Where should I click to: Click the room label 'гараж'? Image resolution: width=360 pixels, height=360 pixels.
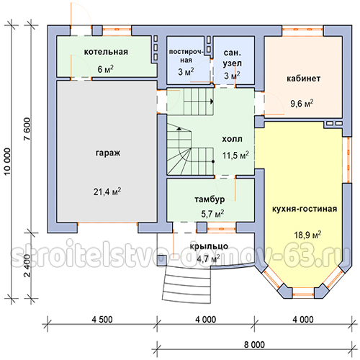(x=108, y=153)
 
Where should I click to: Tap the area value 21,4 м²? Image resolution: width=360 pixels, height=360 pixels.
(x=107, y=192)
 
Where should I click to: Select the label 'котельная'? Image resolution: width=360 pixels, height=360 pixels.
(x=106, y=52)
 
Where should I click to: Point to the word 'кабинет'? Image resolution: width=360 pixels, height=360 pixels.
(x=303, y=78)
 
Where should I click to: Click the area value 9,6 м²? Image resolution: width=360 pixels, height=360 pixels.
(x=302, y=104)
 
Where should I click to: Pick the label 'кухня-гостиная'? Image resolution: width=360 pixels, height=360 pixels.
(x=305, y=209)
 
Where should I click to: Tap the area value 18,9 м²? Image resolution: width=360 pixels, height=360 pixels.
(x=307, y=235)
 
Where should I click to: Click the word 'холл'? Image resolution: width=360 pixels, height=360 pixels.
(x=232, y=139)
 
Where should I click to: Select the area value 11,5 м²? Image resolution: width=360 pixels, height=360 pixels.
(x=235, y=156)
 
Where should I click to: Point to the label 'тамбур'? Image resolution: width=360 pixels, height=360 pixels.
(x=210, y=199)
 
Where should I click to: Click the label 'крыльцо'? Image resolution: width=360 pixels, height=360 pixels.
(x=209, y=246)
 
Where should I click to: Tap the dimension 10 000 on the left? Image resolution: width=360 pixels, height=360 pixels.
(x=7, y=162)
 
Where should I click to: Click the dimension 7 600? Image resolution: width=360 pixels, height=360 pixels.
(x=27, y=130)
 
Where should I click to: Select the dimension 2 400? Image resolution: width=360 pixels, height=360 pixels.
(x=27, y=266)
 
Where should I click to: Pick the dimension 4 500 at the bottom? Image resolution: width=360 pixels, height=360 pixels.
(x=102, y=320)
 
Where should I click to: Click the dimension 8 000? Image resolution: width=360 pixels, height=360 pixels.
(x=254, y=345)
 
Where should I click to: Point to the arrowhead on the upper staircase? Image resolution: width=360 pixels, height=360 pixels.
(x=212, y=102)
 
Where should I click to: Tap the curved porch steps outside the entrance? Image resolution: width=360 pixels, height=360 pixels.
(x=187, y=286)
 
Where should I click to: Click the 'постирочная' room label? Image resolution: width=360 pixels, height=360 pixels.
(x=186, y=56)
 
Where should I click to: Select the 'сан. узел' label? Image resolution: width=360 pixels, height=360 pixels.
(x=232, y=58)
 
